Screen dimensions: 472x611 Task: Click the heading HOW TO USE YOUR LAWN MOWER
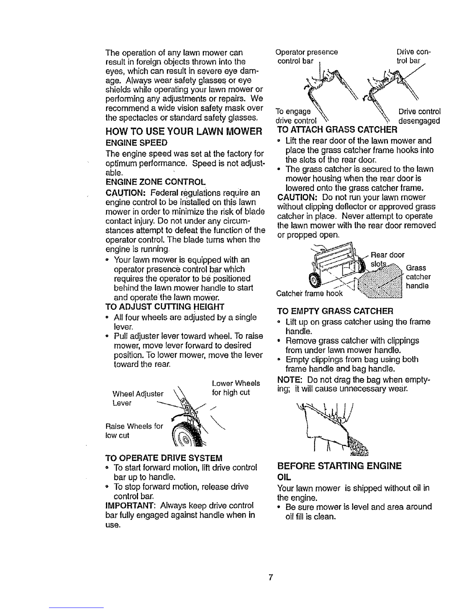click(184, 131)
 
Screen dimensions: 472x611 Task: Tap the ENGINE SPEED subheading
click(137, 143)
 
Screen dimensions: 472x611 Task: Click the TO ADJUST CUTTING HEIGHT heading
click(165, 307)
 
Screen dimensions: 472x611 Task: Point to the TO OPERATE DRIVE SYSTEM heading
click(164, 458)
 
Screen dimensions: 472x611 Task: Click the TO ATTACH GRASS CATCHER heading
click(337, 130)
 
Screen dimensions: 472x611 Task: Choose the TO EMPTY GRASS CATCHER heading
click(335, 311)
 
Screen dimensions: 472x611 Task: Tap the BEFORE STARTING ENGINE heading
click(339, 466)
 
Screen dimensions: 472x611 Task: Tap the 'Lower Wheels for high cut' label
click(236, 388)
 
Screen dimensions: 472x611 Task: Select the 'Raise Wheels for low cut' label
click(134, 431)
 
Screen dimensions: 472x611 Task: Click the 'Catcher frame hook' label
click(310, 294)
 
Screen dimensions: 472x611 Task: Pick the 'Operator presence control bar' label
click(307, 57)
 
